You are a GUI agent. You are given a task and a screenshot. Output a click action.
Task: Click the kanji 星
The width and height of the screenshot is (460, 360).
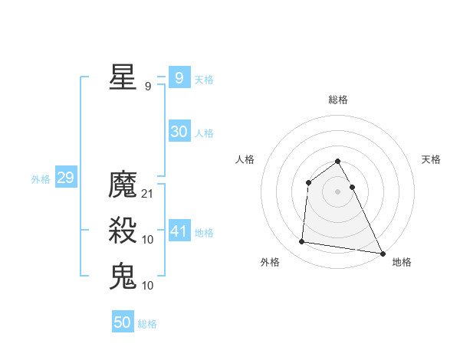pyautogui.click(x=123, y=77)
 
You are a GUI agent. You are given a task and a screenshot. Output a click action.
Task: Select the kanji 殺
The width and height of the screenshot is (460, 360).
pyautogui.click(x=123, y=231)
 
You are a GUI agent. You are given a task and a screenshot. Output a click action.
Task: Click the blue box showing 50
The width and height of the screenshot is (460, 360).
pyautogui.click(x=123, y=322)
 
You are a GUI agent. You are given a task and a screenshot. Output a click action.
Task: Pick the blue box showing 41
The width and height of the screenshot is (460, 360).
pyautogui.click(x=179, y=231)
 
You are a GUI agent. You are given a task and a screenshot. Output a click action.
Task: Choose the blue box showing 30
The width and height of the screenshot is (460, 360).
pyautogui.click(x=179, y=132)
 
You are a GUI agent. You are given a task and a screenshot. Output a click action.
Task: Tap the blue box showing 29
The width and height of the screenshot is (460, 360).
pyautogui.click(x=65, y=178)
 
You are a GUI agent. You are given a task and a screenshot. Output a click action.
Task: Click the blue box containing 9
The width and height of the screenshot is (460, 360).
pyautogui.click(x=179, y=77)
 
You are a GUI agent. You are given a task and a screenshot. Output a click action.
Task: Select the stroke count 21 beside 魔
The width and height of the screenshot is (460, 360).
pyautogui.click(x=148, y=194)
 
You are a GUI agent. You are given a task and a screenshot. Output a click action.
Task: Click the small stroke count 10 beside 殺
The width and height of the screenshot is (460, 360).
pyautogui.click(x=148, y=240)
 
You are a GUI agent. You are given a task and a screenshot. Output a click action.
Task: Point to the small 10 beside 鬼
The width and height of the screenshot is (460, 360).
pyautogui.click(x=148, y=286)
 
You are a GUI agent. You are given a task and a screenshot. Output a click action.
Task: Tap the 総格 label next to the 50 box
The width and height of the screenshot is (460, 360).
pyautogui.click(x=147, y=324)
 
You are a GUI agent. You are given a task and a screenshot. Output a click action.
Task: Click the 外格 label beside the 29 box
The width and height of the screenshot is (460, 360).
pyautogui.click(x=41, y=179)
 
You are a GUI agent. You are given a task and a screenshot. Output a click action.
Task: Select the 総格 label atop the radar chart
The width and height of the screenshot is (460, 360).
pyautogui.click(x=337, y=100)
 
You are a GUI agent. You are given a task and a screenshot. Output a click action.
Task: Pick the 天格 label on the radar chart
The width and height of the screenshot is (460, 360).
pyautogui.click(x=431, y=159)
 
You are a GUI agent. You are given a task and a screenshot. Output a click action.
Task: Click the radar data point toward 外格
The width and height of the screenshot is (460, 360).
pyautogui.click(x=302, y=242)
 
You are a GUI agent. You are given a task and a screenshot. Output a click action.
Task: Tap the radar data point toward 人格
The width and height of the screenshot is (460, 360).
pyautogui.click(x=308, y=182)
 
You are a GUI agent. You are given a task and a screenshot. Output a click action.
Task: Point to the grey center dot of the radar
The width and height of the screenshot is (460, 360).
pyautogui.click(x=337, y=191)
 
